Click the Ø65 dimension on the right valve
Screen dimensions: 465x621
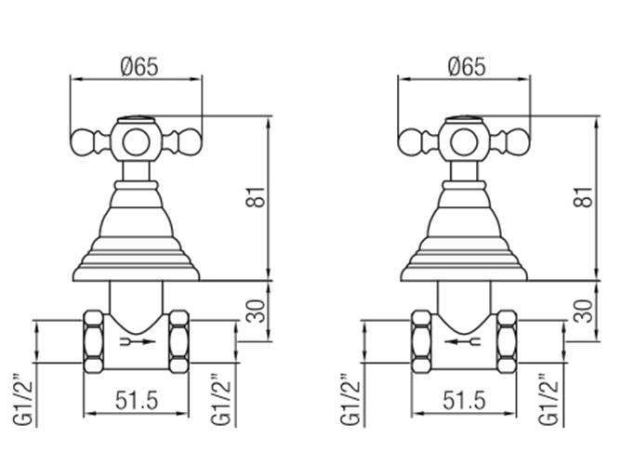tap(467, 67)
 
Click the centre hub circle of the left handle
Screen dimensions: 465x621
tap(139, 142)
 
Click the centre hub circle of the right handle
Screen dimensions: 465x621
tap(465, 142)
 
